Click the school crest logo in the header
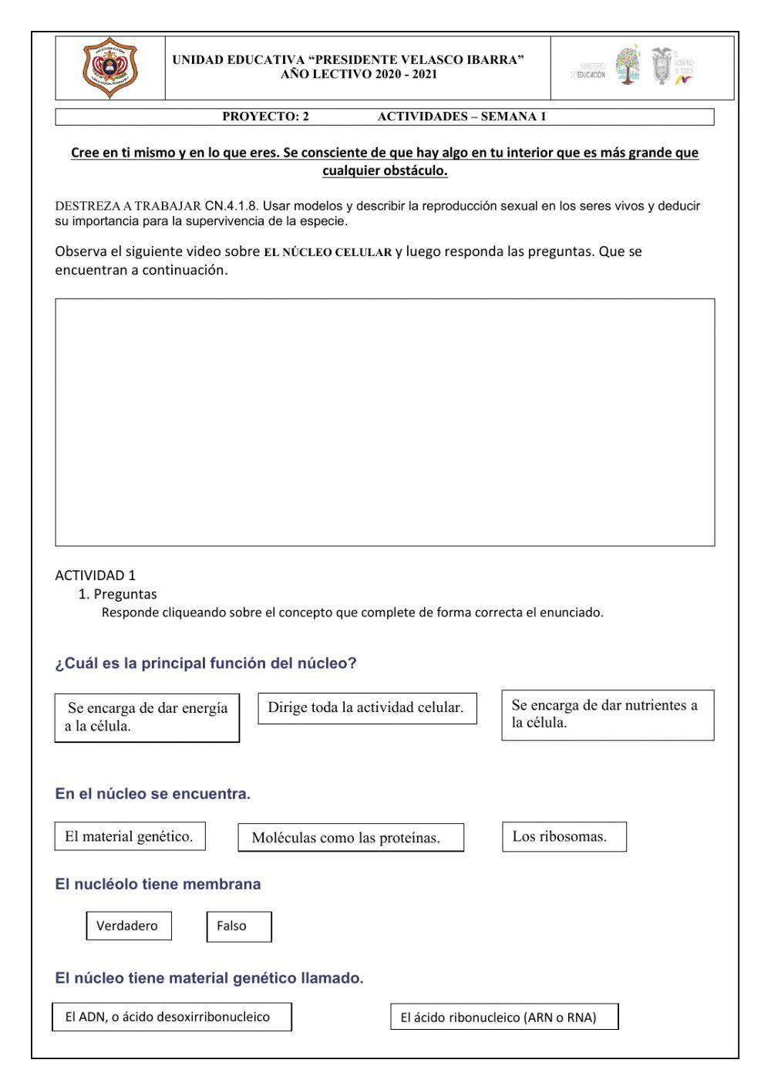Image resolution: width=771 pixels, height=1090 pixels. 110,68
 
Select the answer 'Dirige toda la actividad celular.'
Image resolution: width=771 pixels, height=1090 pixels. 366,708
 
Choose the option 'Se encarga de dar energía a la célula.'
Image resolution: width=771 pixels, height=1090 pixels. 146,717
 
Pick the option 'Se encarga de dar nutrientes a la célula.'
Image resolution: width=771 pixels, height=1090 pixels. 607,714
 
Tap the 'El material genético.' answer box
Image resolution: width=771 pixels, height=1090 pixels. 130,836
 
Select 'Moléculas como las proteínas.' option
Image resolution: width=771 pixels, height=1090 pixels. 351,838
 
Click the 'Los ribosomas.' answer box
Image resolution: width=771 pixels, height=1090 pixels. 564,836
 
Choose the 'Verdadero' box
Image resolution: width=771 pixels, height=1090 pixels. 128,926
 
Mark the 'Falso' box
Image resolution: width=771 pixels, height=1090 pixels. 238,926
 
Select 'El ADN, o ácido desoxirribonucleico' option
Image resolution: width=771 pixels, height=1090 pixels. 172,1017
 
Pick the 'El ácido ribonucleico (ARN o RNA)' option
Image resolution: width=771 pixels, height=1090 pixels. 503,1017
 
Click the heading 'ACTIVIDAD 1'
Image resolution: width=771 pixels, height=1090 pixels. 95,575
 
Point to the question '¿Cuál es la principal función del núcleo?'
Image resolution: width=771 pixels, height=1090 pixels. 206,663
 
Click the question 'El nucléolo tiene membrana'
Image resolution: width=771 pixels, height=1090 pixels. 158,885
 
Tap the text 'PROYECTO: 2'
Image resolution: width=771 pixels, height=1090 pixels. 265,117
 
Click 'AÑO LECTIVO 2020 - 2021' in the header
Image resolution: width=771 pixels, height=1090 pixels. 359,75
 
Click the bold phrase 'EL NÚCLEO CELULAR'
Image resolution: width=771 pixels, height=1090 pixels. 328,252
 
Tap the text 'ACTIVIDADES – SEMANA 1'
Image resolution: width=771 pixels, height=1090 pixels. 461,117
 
